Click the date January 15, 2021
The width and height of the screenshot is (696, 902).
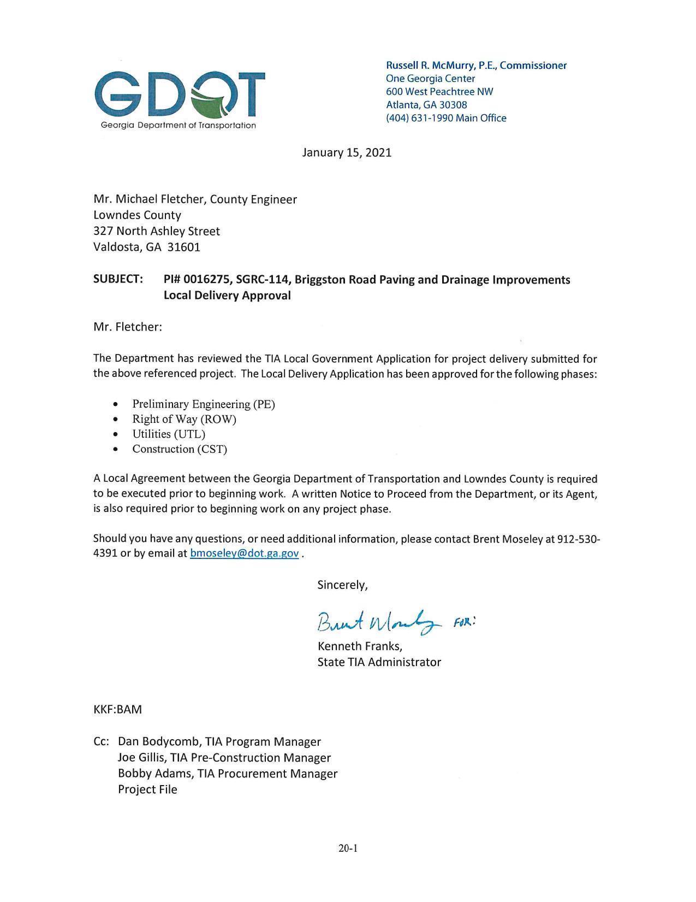click(x=347, y=152)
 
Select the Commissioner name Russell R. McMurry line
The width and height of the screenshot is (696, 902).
click(x=476, y=66)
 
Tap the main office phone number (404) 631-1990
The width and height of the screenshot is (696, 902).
click(x=419, y=118)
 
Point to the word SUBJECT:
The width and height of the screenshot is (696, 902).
click(x=118, y=279)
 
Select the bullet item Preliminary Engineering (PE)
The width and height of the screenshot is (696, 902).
click(x=204, y=404)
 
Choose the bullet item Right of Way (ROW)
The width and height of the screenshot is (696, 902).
click(x=184, y=419)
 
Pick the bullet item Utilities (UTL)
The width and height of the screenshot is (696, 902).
click(x=169, y=434)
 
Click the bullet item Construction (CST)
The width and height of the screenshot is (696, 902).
click(x=180, y=449)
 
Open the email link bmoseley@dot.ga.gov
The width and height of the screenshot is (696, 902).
click(x=244, y=553)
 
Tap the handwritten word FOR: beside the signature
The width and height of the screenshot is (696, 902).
click(x=465, y=622)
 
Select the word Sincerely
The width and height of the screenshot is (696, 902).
click(x=342, y=585)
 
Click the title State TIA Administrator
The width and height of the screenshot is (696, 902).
click(x=379, y=662)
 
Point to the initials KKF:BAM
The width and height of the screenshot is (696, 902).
click(x=117, y=710)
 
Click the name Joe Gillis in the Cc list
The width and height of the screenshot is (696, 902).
click(x=141, y=758)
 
